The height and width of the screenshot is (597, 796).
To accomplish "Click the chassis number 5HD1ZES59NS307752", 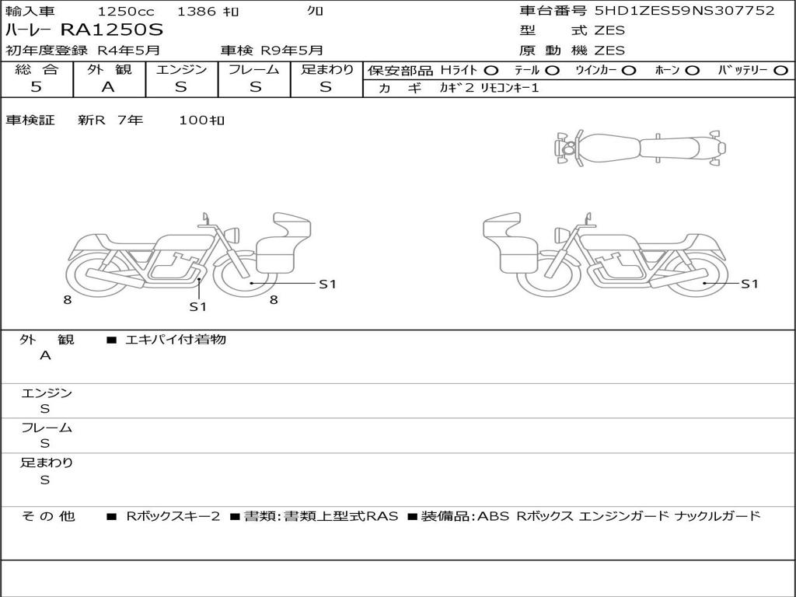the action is click(685, 11).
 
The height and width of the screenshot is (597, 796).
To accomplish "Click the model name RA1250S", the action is click(112, 30).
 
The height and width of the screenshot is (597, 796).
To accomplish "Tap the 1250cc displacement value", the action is click(126, 11).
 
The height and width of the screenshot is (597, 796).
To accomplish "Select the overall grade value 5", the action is click(36, 87).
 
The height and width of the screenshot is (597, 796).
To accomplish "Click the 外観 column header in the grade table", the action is click(109, 69).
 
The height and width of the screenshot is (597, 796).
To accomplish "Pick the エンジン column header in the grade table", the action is click(181, 69).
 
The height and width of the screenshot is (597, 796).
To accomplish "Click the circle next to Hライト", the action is click(491, 71).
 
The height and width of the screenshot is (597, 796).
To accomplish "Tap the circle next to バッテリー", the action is click(780, 71).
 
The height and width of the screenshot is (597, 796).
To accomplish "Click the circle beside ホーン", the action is click(692, 71).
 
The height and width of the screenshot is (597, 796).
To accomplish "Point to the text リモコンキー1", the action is click(509, 88).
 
